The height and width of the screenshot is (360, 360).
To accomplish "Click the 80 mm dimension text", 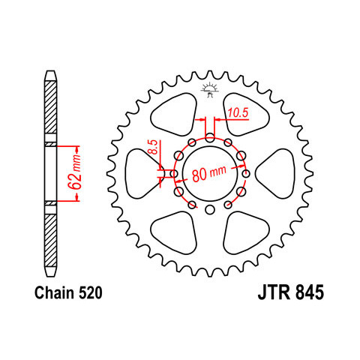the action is pos(209,173).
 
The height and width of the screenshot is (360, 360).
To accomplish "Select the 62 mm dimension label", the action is pos(74,172).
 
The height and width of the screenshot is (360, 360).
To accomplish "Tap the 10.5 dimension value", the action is pos(238,112).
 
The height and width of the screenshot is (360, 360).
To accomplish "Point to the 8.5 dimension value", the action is pos(154,147).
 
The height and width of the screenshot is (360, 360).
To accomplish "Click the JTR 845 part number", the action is pos(291,292).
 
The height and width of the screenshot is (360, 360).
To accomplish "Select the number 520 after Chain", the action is pos(91,292).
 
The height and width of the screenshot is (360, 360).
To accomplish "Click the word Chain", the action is pos(55,292).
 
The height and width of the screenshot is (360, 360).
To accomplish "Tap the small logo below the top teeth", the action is pos(210,90).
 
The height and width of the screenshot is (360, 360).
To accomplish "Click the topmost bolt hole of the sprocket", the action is pos(210,137).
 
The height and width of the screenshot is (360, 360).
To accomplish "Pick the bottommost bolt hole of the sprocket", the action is pos(210,209).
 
